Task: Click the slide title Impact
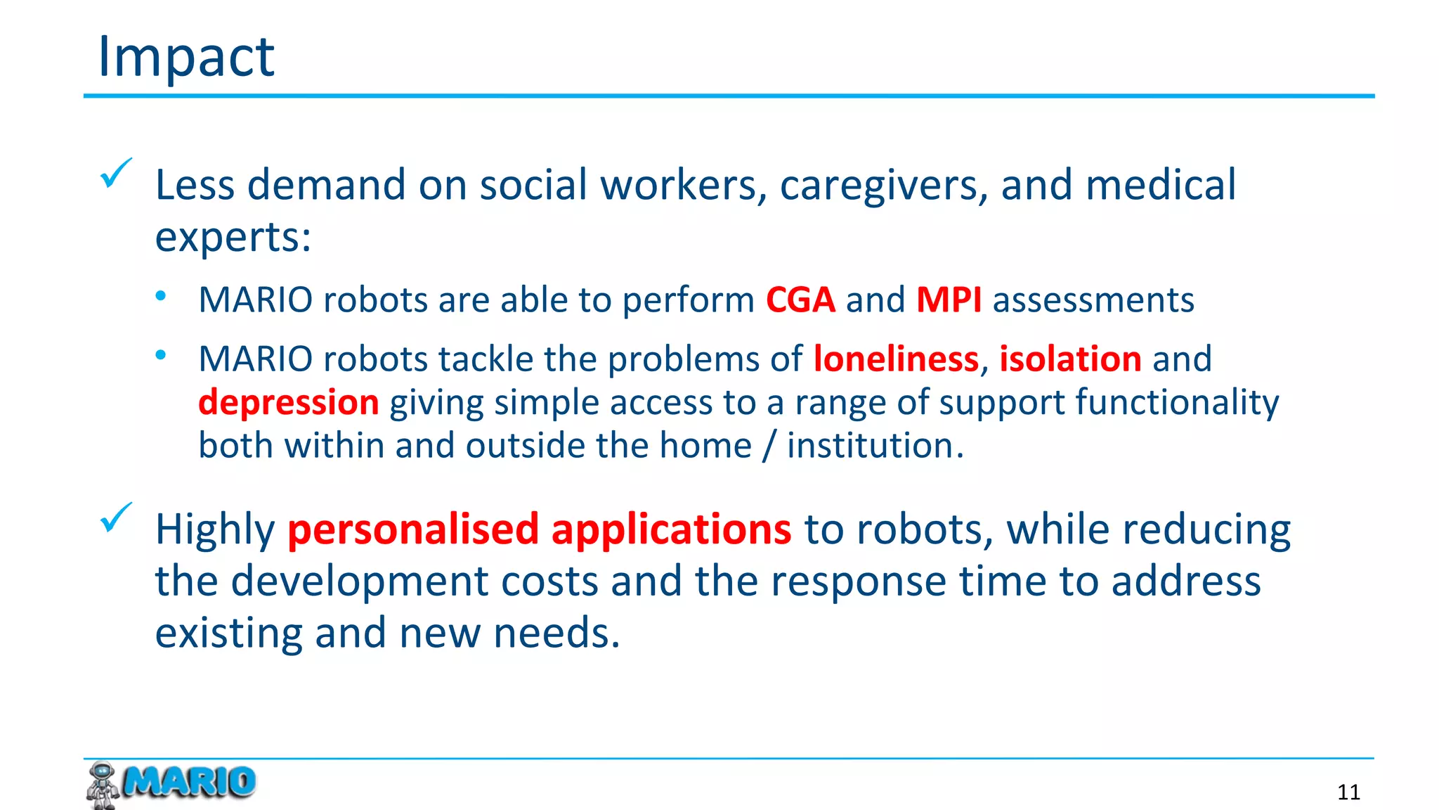(185, 56)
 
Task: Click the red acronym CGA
(800, 300)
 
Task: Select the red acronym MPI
(949, 300)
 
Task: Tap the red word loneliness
(896, 359)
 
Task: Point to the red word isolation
(1070, 359)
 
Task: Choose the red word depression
(288, 403)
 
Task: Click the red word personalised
(413, 529)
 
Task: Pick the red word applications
(671, 530)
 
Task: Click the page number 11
(1348, 792)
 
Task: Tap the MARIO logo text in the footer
(188, 782)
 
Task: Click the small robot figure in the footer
(103, 785)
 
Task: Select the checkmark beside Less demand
(115, 173)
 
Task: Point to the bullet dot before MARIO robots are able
(161, 296)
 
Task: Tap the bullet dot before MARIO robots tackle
(161, 355)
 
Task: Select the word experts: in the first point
(233, 238)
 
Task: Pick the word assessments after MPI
(1093, 300)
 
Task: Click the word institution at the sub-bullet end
(870, 446)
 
